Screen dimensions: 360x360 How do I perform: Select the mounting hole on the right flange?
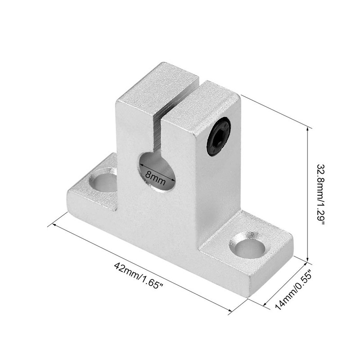pos(247,246)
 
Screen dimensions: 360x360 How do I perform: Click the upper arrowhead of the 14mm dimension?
pos(307,263)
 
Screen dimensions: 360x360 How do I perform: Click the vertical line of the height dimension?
pos(308,193)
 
